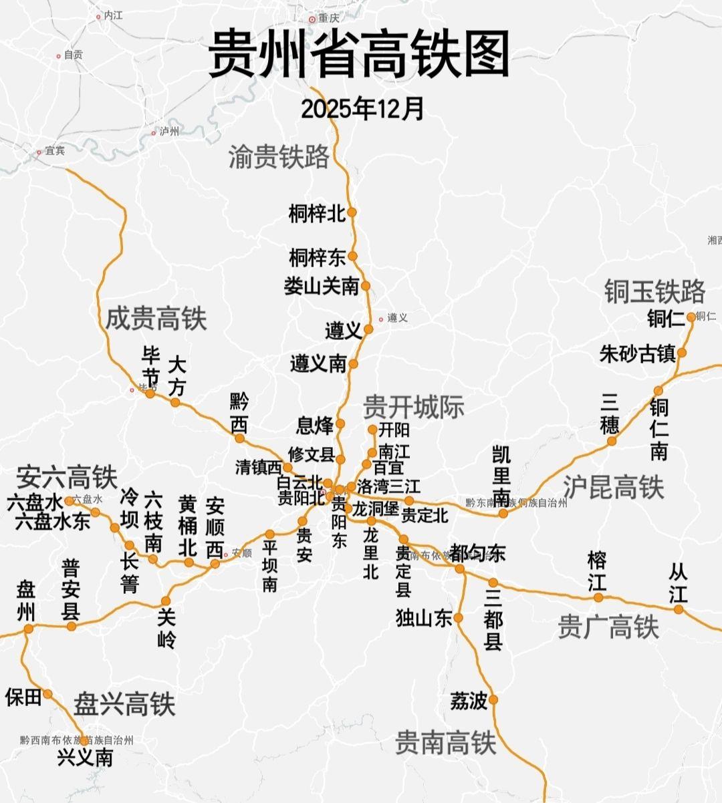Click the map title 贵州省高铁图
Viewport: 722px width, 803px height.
point(359,54)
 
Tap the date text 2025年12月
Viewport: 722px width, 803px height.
point(362,108)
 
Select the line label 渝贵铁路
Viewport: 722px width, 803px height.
point(279,156)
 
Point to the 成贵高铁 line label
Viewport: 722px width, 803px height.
point(156,319)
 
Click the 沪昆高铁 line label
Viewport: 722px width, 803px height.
point(613,487)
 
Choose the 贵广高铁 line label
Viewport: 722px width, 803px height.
point(608,627)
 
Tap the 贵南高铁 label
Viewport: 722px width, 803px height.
point(445,742)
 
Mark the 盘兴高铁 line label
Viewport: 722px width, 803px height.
point(124,704)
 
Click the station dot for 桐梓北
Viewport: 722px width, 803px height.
point(352,212)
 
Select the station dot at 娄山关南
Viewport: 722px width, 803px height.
point(366,286)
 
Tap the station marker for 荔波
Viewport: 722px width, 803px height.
point(493,699)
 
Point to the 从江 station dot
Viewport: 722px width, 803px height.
point(679,609)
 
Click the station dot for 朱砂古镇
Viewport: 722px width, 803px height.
point(682,353)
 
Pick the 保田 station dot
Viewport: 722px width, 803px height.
point(47,693)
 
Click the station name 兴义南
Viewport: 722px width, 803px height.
point(85,757)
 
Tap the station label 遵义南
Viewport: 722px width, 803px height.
point(318,364)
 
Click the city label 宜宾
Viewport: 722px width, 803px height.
point(55,151)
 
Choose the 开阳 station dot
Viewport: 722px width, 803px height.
point(373,430)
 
